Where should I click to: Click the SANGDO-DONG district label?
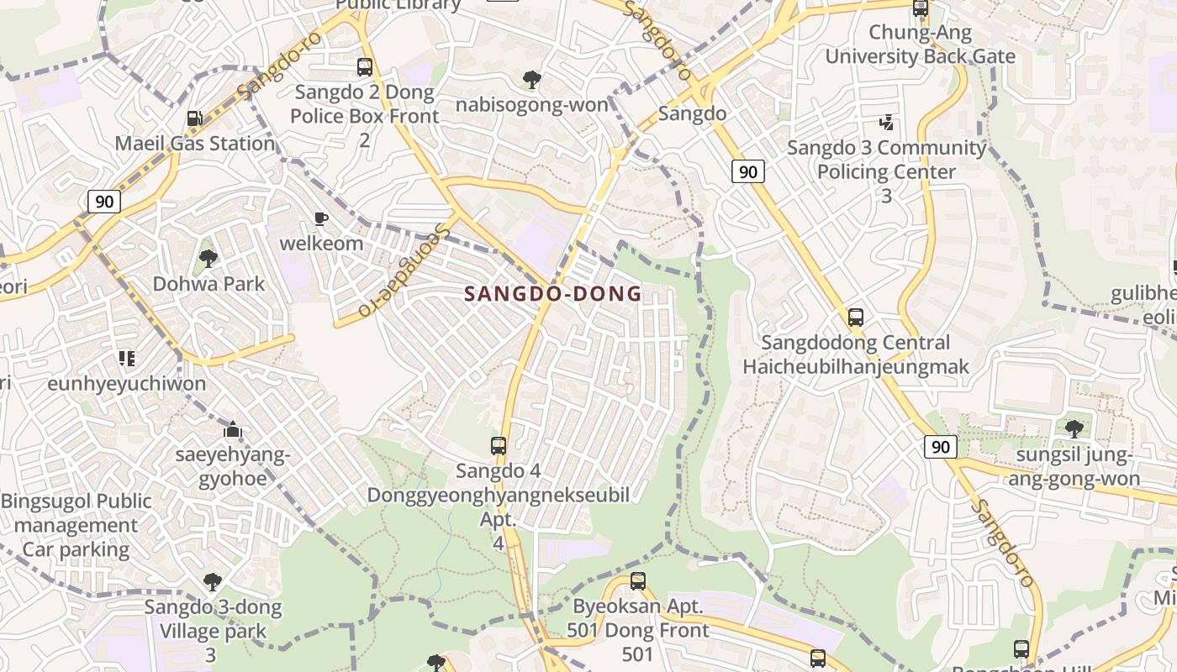553,294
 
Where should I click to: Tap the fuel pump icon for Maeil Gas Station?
194,119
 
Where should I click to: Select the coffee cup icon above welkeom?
320,219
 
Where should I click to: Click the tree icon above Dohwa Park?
208,259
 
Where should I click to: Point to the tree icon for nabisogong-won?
531,80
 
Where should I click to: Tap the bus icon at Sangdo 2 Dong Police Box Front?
364,67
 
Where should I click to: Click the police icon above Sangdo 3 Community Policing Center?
886,123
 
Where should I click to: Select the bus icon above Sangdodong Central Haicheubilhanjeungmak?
856,318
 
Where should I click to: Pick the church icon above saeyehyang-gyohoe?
233,430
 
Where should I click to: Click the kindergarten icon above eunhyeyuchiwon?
127,359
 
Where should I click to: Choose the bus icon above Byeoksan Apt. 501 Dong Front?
637,580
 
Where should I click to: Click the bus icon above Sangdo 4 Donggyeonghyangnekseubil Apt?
499,446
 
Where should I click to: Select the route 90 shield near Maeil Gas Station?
104,202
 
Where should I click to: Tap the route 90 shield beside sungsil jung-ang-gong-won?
940,447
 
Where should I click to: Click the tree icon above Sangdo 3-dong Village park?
213,581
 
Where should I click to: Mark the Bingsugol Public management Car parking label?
77,526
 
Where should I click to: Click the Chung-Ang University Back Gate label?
920,45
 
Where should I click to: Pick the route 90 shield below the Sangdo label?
747,172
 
